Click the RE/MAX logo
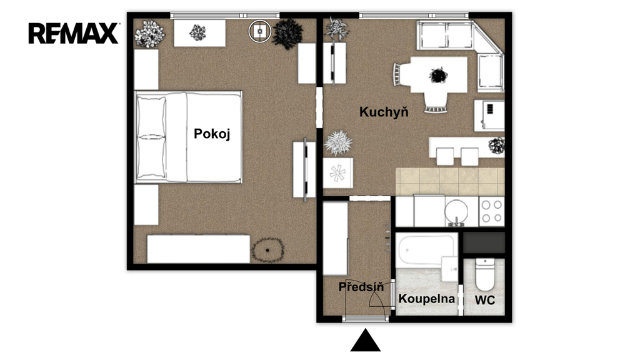click(x=74, y=33)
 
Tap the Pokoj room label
click(x=212, y=134)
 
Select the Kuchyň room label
click(x=384, y=112)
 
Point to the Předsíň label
click(x=361, y=286)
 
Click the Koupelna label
click(x=426, y=299)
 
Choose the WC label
click(x=485, y=301)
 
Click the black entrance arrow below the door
click(x=365, y=340)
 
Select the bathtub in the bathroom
click(x=426, y=250)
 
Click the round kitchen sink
click(x=456, y=211)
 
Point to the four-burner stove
click(x=491, y=211)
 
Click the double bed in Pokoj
click(x=189, y=137)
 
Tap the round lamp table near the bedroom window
click(x=259, y=31)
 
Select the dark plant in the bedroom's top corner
click(x=287, y=34)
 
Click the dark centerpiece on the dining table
click(x=438, y=76)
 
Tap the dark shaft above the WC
click(x=484, y=242)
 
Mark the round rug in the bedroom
click(x=267, y=250)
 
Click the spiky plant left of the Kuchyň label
click(x=338, y=143)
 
